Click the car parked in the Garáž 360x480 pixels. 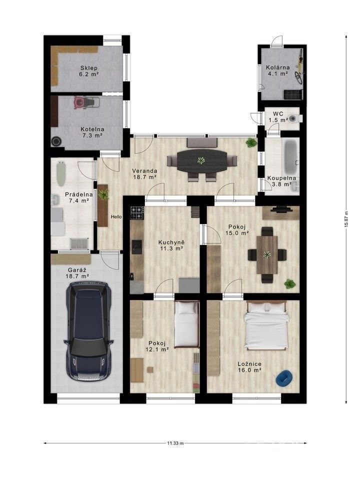pos(88,331)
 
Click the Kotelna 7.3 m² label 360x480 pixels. pos(91,131)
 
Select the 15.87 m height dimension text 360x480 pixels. pos(345,218)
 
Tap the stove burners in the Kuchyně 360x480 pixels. pos(137,212)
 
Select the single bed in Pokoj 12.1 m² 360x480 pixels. pos(186,324)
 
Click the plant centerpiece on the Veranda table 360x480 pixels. pos(201,160)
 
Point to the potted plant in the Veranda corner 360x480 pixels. pos(251,142)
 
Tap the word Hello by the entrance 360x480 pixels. pos(116,216)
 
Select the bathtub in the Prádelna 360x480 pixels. pos(61,172)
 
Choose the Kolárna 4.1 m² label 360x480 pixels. pos(276,70)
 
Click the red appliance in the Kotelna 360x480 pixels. pos(79,102)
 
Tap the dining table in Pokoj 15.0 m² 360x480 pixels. pos(267,254)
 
